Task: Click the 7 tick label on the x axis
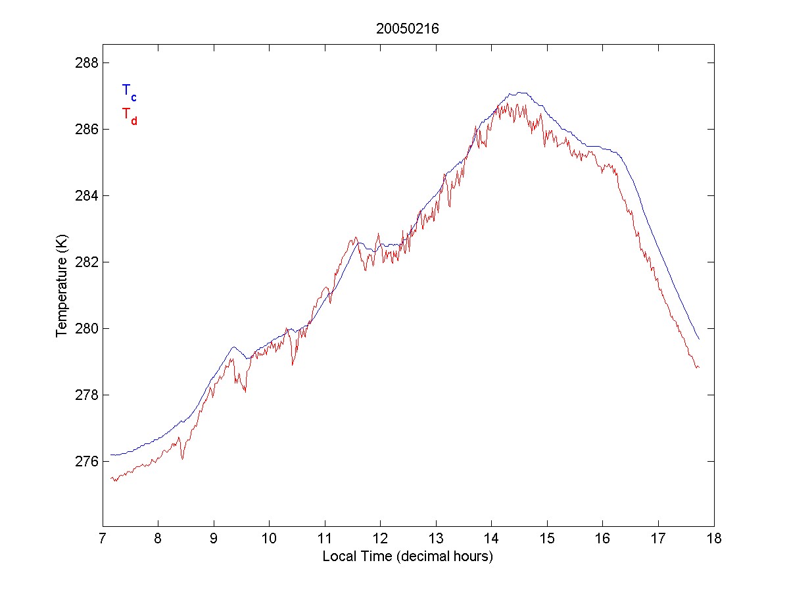click(103, 541)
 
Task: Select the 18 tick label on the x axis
click(714, 541)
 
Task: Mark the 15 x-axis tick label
click(547, 541)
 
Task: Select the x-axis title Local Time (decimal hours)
click(408, 556)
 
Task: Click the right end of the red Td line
click(698, 367)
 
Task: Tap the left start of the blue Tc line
click(111, 455)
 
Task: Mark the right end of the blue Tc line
click(699, 339)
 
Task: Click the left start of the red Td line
click(111, 478)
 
